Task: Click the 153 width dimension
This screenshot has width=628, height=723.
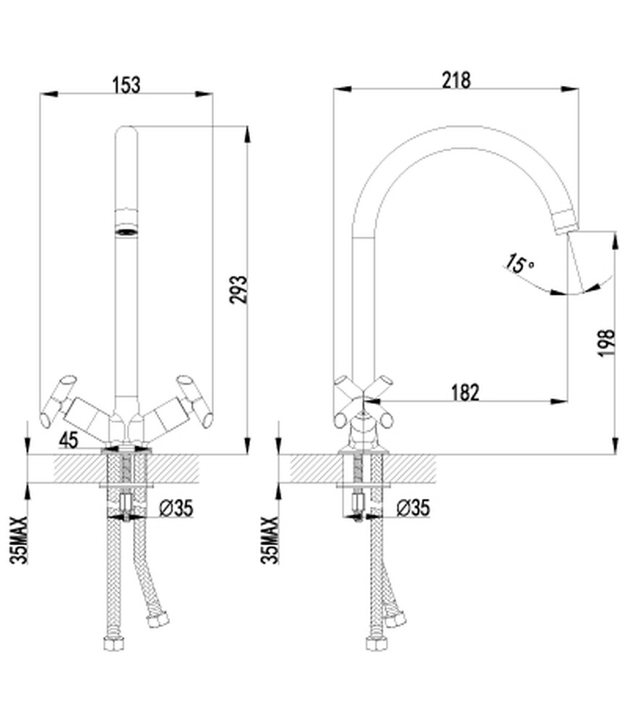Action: coord(126,85)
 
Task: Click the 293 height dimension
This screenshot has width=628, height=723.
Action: coord(238,290)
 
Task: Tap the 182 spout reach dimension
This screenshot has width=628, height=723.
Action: coord(465,393)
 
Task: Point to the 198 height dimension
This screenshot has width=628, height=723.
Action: coord(606,342)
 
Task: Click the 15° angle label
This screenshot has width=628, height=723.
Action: coord(518,264)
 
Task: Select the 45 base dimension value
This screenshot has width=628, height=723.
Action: coord(68,440)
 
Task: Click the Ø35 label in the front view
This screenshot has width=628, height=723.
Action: coord(176,508)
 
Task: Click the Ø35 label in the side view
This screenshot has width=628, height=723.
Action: coord(413,508)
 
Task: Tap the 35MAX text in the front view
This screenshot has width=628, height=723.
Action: coord(19,540)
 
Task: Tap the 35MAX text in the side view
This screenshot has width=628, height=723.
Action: coord(270,540)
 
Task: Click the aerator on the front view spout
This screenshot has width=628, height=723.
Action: coord(126,222)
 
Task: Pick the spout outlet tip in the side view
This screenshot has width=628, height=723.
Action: coord(565,222)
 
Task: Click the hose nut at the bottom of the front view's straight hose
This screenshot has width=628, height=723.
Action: coord(113,643)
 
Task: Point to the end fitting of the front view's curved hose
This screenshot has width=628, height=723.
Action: coord(157,621)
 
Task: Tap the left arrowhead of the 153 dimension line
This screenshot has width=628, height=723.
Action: coord(49,94)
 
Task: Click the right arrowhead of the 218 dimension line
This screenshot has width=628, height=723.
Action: coord(570,89)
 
